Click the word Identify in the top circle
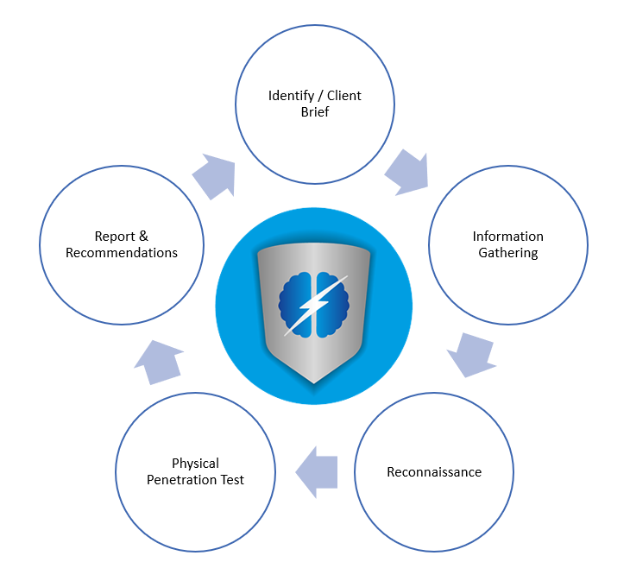291,95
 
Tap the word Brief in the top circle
315,112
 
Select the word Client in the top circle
343,95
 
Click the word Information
507,237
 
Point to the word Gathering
508,253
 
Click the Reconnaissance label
433,472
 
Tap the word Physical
195,464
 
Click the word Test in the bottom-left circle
230,480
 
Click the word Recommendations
122,253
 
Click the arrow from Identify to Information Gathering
406,172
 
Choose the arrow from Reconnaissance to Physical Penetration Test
316,471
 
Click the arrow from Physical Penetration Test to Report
160,361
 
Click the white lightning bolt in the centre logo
314,304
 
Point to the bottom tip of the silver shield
314,382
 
